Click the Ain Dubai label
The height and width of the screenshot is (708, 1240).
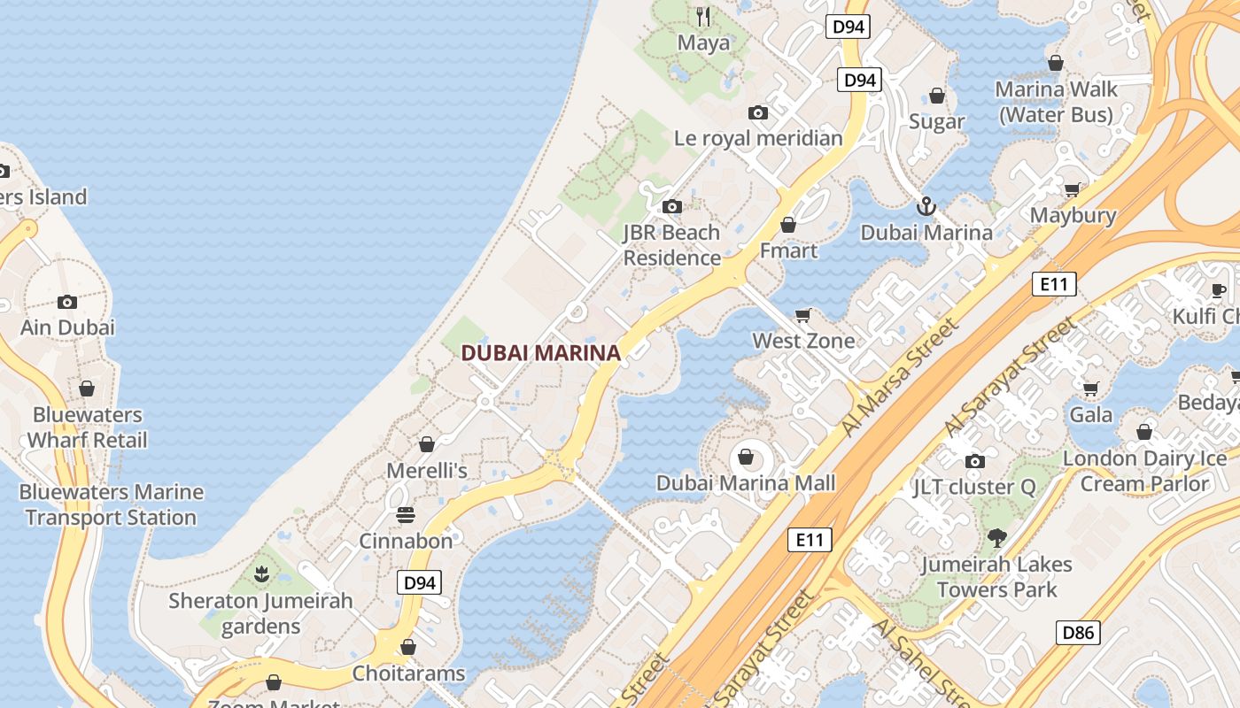tap(68, 327)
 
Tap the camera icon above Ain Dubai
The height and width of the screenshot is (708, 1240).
tap(67, 302)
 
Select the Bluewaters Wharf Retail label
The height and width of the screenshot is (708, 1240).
tap(87, 427)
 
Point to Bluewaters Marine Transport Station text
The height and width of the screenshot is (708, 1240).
tap(112, 504)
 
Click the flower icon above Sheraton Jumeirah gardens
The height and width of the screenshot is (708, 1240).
tap(261, 574)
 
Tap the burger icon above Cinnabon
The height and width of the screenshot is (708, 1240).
tap(406, 515)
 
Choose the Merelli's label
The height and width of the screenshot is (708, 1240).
tap(427, 470)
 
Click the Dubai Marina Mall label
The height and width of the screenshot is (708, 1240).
tap(746, 483)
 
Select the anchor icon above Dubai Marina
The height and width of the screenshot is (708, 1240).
tap(926, 207)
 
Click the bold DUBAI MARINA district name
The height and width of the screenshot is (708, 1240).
tap(540, 353)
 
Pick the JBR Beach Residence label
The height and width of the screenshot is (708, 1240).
tap(672, 245)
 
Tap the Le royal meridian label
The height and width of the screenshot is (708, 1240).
tap(758, 138)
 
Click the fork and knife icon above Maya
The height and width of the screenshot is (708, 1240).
tap(704, 17)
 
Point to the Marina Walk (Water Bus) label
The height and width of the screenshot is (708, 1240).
tap(1056, 102)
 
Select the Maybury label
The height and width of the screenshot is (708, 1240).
tap(1073, 215)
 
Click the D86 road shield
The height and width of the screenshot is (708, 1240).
tap(1078, 633)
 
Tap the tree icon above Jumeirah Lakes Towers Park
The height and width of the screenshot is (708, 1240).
tap(997, 537)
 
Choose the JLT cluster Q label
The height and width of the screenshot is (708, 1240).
tap(974, 487)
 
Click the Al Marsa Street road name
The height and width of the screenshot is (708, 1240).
tap(901, 377)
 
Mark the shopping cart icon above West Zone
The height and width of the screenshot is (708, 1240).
tap(803, 316)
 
